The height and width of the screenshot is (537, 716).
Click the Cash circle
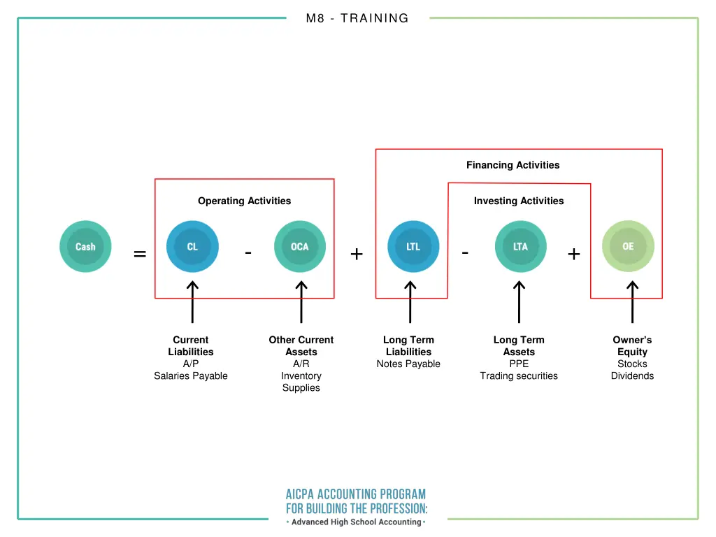coord(85,247)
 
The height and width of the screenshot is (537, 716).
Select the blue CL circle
coord(192,247)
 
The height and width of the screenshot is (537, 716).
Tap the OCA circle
coord(300,247)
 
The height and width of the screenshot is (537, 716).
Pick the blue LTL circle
coord(413,247)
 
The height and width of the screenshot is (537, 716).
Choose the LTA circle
coord(520,247)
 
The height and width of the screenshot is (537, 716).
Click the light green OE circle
coord(628,247)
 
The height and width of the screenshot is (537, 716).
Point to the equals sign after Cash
coord(140,255)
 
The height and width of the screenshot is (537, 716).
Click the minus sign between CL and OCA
coord(248,252)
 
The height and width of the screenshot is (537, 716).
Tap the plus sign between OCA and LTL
coord(357,255)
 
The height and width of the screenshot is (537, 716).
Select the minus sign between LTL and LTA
coord(466,252)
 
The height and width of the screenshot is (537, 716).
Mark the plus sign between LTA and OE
coord(574,255)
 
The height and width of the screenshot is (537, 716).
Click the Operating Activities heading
coord(244,201)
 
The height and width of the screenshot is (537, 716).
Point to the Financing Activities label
coord(513,165)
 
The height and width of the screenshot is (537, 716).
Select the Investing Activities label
coord(519,201)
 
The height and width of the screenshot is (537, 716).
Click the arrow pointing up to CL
coord(192,302)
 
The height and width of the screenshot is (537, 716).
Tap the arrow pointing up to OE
coord(632,302)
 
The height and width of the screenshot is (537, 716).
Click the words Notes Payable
coord(408,364)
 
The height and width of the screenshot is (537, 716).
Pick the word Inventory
coord(301,375)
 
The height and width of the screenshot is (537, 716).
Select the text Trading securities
coord(519,375)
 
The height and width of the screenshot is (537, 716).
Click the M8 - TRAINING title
coord(357,19)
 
